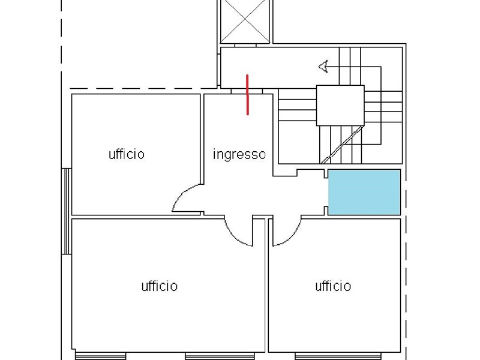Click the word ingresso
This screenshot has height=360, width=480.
pos(239,155)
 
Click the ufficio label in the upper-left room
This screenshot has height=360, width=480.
pos(127,154)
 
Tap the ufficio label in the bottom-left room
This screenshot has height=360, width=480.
pos(160,286)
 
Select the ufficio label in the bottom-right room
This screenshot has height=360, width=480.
pos(333,286)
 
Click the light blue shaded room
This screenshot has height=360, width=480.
pos(364,192)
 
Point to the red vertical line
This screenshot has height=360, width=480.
pos(247,95)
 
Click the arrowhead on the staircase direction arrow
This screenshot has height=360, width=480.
pos(323,67)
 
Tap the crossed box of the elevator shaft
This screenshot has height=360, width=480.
pos(245,21)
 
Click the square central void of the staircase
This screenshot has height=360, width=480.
pos(340,106)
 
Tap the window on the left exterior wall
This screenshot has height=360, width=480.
pos(67,211)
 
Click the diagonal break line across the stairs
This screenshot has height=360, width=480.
pos(342,145)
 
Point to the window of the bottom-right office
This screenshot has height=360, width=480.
pos(338,356)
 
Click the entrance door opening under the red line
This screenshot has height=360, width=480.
pos(247,91)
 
